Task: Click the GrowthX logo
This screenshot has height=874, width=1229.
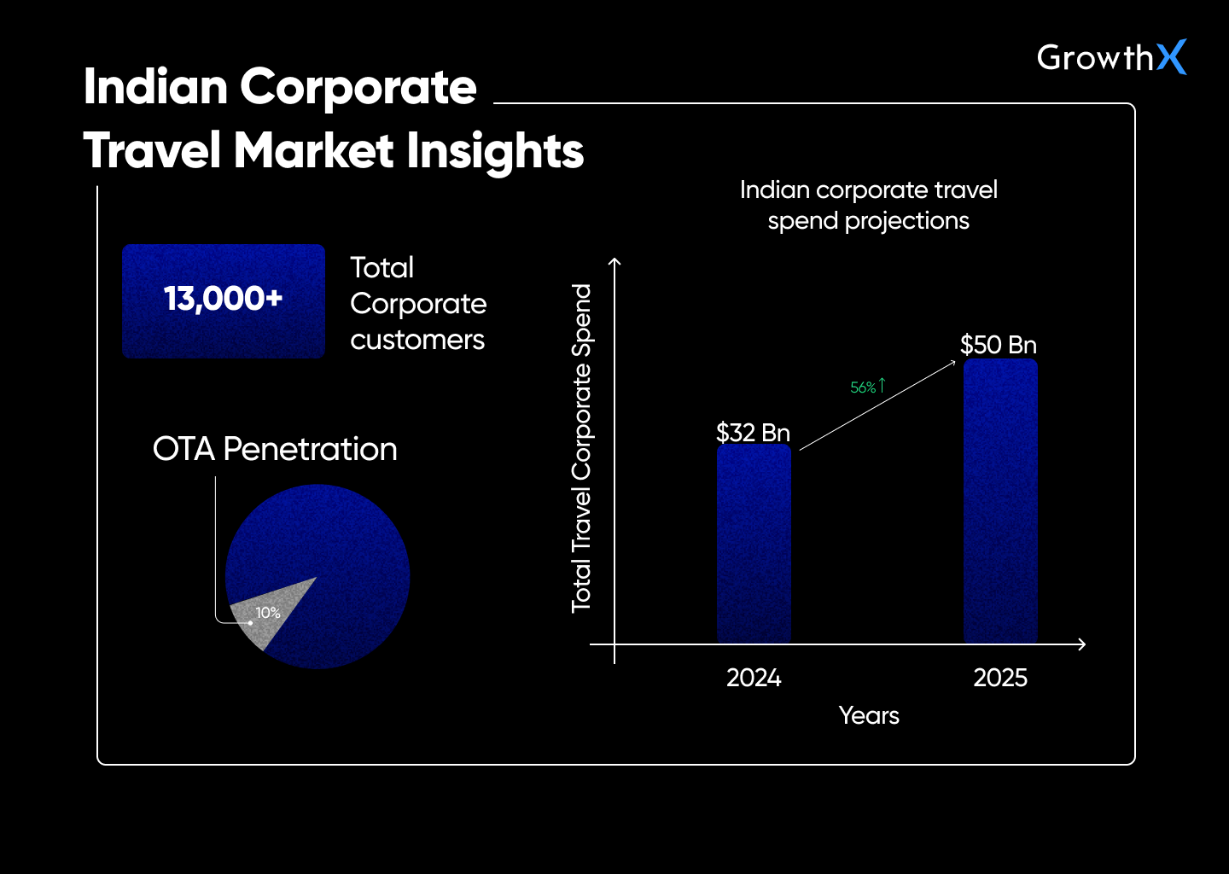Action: tap(1110, 57)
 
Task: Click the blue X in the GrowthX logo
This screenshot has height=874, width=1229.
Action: tap(1171, 57)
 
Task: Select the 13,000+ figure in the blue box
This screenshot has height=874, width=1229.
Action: tap(223, 300)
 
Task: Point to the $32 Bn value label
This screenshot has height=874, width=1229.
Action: tap(753, 433)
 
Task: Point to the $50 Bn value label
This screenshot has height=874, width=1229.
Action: tap(998, 345)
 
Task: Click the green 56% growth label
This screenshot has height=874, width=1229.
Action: tap(864, 387)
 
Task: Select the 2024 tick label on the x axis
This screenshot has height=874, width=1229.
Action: tap(754, 678)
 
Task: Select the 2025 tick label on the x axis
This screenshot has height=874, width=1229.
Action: tap(1000, 678)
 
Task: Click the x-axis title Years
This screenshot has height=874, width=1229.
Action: tap(869, 715)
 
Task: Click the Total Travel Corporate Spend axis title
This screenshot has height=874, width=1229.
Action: tap(581, 448)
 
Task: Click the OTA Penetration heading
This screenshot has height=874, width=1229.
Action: tap(275, 449)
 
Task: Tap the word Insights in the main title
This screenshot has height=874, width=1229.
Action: tap(494, 151)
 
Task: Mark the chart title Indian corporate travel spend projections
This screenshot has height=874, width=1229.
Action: tap(868, 205)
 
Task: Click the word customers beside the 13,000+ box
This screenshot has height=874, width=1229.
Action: tap(417, 340)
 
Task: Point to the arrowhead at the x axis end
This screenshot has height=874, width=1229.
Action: tap(1082, 644)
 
